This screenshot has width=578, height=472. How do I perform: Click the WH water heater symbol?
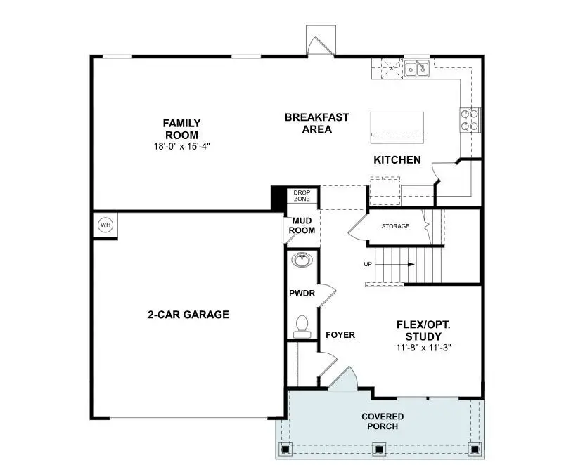click(x=105, y=225)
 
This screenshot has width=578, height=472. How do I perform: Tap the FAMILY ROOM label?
click(x=181, y=129)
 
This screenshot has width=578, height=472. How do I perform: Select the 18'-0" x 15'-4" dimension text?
click(x=181, y=147)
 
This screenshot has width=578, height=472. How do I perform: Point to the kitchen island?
click(x=397, y=126)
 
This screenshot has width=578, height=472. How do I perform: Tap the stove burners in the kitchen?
click(x=470, y=120)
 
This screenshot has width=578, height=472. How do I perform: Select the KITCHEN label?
click(x=397, y=160)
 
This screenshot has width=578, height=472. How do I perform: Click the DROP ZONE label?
click(x=302, y=195)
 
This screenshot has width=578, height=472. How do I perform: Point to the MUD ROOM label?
click(x=302, y=225)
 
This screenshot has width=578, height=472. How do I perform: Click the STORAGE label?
click(x=395, y=226)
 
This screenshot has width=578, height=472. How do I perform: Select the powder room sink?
click(x=302, y=260)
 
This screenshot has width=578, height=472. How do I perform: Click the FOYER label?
click(x=340, y=335)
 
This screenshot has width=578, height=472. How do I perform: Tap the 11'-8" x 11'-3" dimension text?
click(x=423, y=347)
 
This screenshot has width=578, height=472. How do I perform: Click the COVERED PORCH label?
click(x=383, y=421)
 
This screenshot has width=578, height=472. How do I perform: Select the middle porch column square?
click(x=379, y=447)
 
